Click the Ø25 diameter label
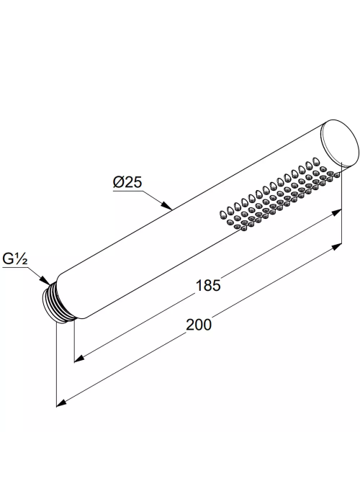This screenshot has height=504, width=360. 127,182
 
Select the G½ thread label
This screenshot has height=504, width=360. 15,258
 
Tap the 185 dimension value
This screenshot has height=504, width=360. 208,285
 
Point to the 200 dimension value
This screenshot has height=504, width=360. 199,325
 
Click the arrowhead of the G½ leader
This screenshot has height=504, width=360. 45,280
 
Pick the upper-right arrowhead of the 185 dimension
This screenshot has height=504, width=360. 336,212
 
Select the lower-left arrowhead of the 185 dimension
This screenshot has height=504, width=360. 80,359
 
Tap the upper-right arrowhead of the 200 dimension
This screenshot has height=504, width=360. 336,247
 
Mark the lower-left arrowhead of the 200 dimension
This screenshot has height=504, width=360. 62,403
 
